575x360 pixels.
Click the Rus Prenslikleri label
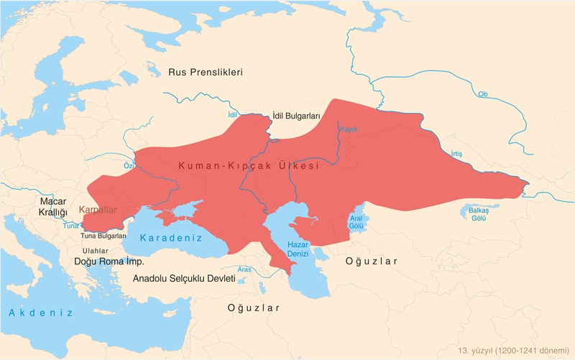pos(206,73)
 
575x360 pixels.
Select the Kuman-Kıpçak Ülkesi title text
pos(248,165)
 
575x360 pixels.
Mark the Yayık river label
pos(348,129)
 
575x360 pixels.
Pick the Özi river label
pos(129,165)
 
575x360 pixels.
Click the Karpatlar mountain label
pos(98,211)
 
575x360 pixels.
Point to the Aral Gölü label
pos(356,221)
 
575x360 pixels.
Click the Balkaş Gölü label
pos(479,213)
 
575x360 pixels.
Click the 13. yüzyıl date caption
pos(513,350)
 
